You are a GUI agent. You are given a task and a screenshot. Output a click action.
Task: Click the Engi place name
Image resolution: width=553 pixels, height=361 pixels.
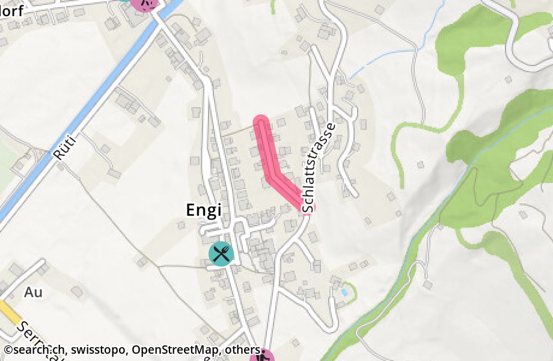click(204, 209)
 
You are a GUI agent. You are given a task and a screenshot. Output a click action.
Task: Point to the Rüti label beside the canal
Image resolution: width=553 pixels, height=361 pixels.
click(63, 146)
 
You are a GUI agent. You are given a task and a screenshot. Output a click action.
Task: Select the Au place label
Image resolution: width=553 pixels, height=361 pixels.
click(34, 292)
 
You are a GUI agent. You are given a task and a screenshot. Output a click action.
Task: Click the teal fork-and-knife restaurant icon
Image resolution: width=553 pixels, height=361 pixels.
click(221, 253)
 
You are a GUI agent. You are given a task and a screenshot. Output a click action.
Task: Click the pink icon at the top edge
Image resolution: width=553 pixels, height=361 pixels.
click(145, 3)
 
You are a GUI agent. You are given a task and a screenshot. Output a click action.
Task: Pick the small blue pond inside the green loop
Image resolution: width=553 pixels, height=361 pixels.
click(343, 292)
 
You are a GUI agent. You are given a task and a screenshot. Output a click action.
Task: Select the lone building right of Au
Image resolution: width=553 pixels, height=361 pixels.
click(77, 292)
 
